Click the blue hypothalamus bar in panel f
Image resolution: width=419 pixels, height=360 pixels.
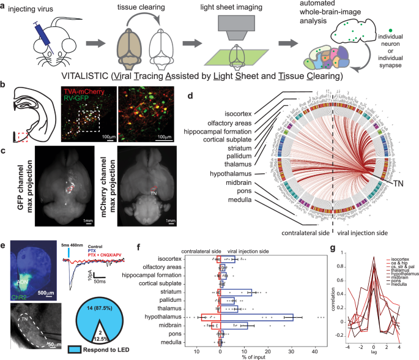(256, 317)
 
